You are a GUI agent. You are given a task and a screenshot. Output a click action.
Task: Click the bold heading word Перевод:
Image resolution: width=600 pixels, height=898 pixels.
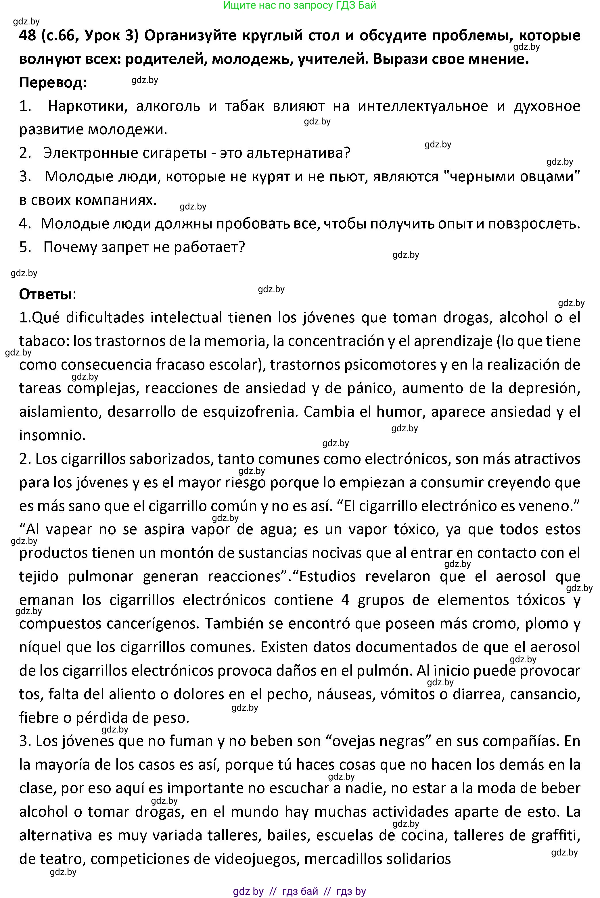tap(53, 82)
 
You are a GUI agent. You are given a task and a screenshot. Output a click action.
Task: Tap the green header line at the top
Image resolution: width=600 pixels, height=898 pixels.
tap(300, 5)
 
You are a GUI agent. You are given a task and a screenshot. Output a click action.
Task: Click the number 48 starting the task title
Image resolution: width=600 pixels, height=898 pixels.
tap(28, 36)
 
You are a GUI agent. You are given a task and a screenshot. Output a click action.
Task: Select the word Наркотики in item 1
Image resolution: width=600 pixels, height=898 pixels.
tap(87, 106)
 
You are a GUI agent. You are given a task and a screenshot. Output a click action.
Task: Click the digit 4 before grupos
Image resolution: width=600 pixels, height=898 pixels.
tap(345, 600)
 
